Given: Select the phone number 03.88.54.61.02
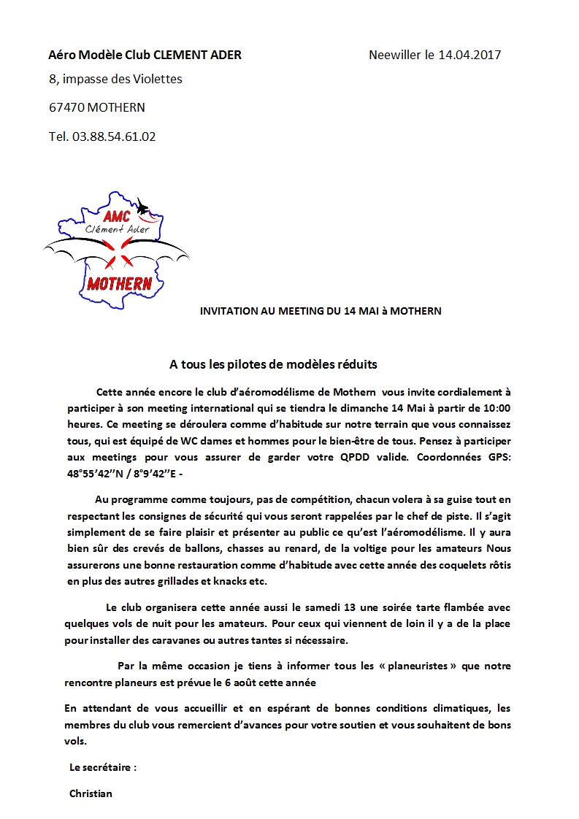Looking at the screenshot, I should pyautogui.click(x=114, y=136).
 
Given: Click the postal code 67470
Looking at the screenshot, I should pyautogui.click(x=66, y=107).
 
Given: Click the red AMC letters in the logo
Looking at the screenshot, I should pyautogui.click(x=117, y=216).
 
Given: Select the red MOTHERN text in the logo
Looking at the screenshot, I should pyautogui.click(x=119, y=283).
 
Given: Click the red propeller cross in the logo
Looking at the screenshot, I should pyautogui.click(x=118, y=255).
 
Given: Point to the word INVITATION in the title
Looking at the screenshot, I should pyautogui.click(x=229, y=311).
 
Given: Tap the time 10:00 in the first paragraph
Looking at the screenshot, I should pyautogui.click(x=496, y=408).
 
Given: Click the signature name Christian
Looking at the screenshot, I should pyautogui.click(x=91, y=793).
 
